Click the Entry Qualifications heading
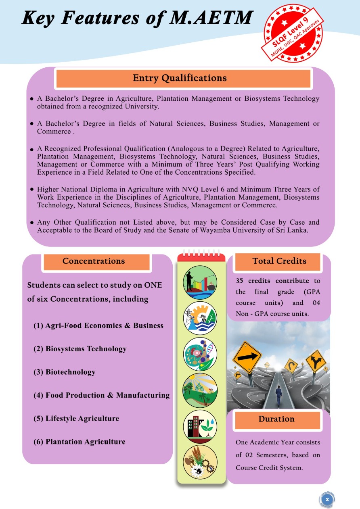(180, 78)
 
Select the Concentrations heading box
(94, 261)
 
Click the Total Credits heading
(279, 261)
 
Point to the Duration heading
(276, 419)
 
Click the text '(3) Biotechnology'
(65, 372)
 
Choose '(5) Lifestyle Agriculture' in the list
(76, 418)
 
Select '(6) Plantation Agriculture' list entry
(80, 442)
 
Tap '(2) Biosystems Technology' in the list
(80, 349)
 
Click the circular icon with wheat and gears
(200, 462)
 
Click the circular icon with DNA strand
(200, 354)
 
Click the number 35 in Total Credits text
(240, 281)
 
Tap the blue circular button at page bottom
(327, 499)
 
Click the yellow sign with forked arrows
(316, 361)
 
